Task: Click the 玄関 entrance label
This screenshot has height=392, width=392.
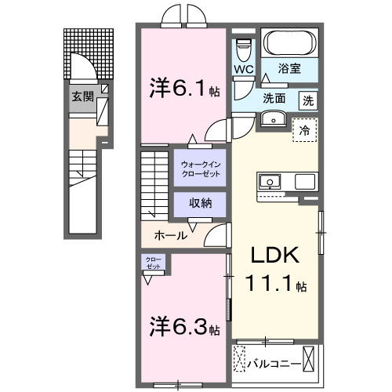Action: (x=82, y=96)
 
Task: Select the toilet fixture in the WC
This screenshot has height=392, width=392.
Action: (x=244, y=46)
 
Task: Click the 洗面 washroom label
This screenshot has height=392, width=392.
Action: (x=274, y=100)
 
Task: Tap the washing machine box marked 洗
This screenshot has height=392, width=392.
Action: (x=309, y=100)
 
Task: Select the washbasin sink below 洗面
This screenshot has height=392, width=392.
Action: (x=274, y=119)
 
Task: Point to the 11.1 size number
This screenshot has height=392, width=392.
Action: (x=270, y=285)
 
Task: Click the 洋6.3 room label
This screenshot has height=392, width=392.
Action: (x=183, y=324)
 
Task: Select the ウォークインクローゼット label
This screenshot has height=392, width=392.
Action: (x=201, y=168)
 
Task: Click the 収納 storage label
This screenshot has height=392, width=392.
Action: (x=201, y=202)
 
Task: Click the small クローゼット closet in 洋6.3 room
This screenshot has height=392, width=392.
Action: (x=152, y=263)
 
